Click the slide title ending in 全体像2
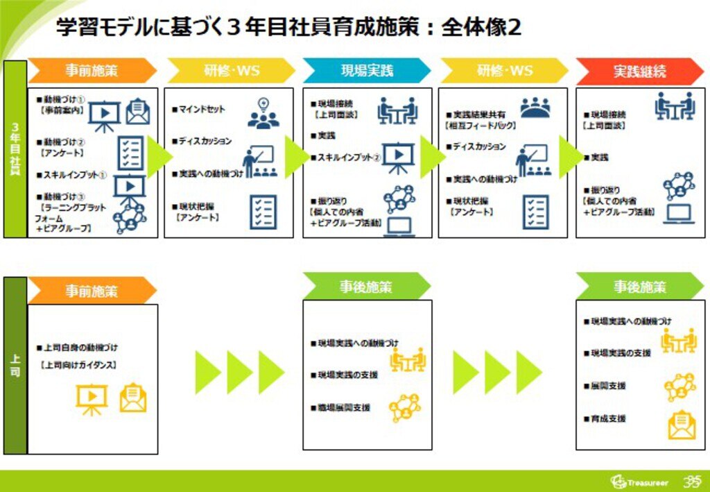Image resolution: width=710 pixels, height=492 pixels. [288, 28]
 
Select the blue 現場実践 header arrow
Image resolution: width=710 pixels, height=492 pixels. [366, 71]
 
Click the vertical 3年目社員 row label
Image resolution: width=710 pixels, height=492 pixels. [15, 149]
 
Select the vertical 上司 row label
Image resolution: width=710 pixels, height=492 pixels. [15, 366]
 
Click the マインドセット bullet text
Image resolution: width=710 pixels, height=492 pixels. [202, 110]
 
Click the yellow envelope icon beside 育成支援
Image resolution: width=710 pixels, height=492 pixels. [682, 424]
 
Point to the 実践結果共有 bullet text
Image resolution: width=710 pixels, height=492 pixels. [479, 114]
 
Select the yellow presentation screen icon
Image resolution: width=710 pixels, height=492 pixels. [91, 400]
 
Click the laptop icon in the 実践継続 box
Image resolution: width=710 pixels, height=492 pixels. [678, 214]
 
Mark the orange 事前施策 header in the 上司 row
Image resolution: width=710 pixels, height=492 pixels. [92, 291]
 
